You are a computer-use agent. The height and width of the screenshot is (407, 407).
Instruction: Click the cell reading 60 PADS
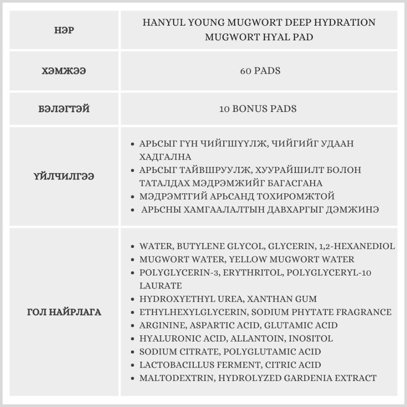point(260,71)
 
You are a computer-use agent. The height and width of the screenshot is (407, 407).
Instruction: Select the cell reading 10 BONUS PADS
point(258,109)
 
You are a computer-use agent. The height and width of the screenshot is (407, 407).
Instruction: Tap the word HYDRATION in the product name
point(348,22)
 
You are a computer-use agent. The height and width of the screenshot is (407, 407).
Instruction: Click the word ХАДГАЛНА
point(165,157)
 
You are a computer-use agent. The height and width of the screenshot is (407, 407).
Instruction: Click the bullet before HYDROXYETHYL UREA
point(133,300)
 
